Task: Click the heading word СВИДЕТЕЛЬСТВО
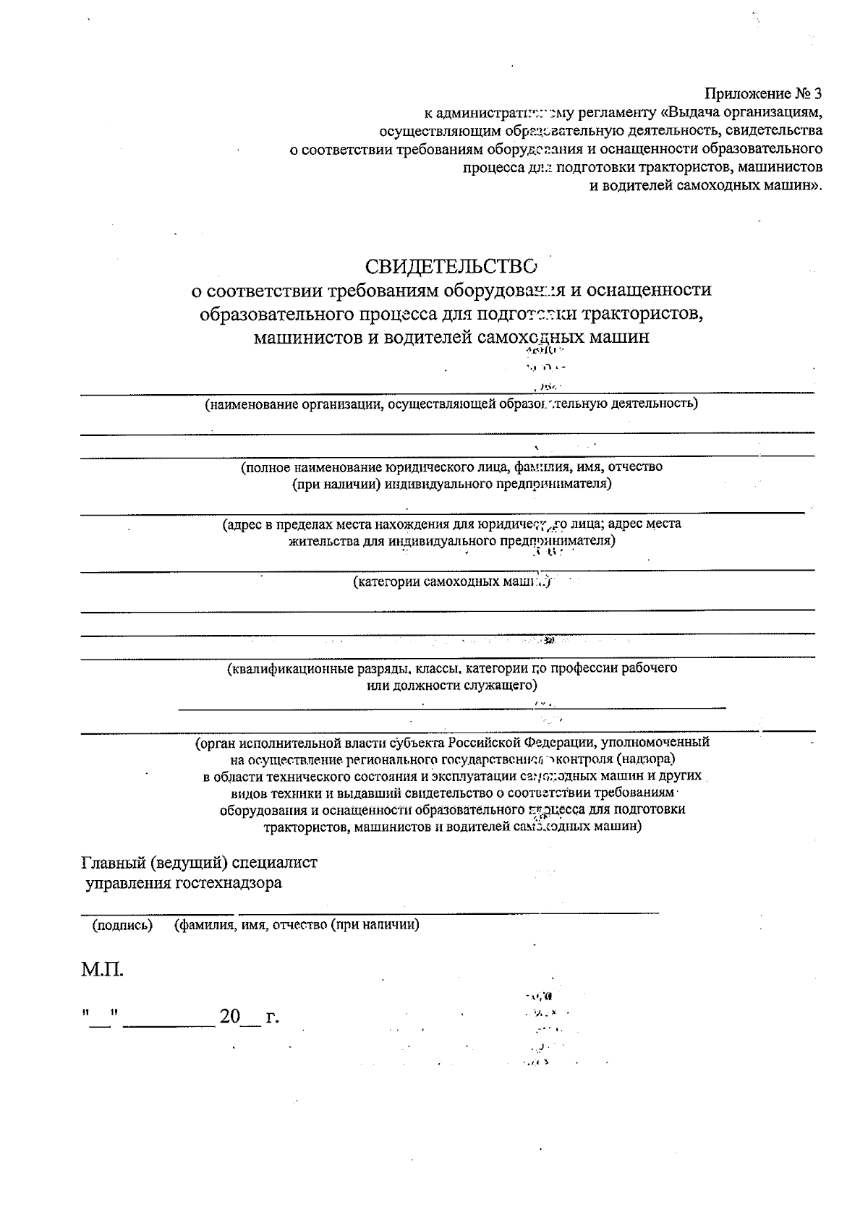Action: (451, 266)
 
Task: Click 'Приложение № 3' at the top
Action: (764, 94)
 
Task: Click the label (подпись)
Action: (122, 925)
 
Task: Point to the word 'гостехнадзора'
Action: (229, 883)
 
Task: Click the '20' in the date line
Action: (230, 1017)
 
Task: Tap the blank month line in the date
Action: (169, 1024)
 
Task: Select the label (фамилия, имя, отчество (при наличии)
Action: (297, 925)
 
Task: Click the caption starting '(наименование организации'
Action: (451, 404)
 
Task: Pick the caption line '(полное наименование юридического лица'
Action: (451, 467)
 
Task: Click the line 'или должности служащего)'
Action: (452, 685)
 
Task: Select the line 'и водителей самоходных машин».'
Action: (707, 185)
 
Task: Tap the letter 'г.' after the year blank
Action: (272, 1017)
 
